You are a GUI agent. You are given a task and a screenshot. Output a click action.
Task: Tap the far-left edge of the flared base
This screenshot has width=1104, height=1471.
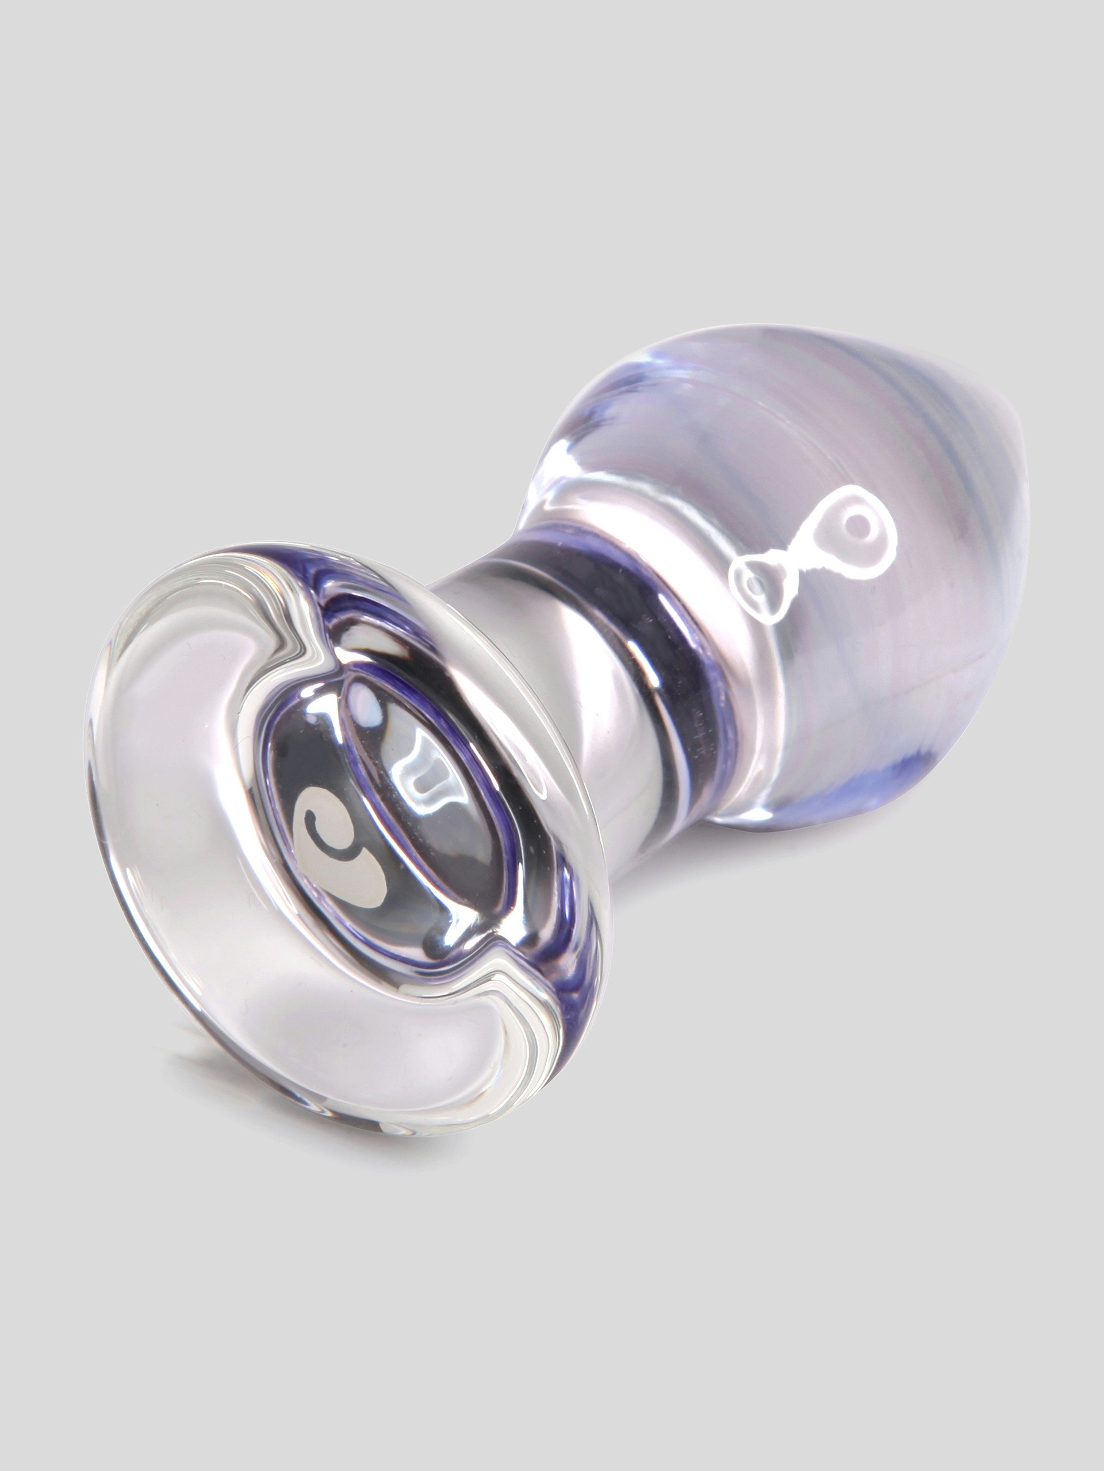[x=86, y=831]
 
